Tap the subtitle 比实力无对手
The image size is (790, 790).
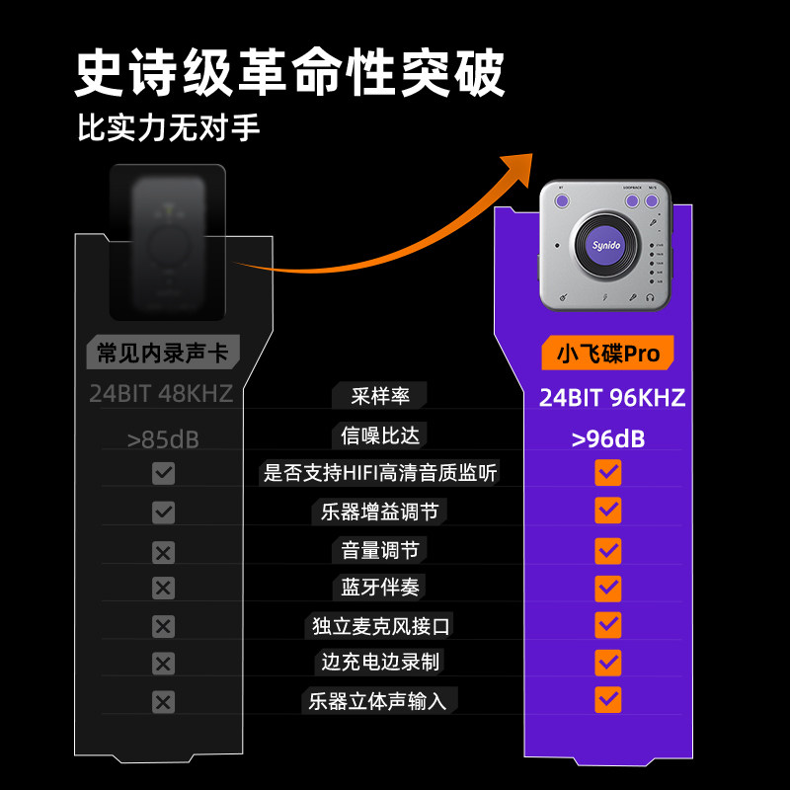(169, 128)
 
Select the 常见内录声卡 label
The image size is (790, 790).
(163, 353)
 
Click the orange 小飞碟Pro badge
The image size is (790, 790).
(607, 353)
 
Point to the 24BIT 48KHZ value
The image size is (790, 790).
(161, 393)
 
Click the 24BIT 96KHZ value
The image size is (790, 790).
(611, 398)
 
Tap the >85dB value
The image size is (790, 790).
(163, 439)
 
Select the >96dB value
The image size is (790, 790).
(607, 438)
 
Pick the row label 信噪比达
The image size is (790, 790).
(380, 435)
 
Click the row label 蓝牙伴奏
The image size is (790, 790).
(380, 588)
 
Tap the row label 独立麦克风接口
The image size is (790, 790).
(380, 626)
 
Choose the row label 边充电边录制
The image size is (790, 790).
(380, 663)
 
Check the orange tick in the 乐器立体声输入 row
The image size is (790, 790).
(608, 699)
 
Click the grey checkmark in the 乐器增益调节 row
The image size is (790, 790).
(163, 512)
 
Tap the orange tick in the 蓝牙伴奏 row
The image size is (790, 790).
(608, 588)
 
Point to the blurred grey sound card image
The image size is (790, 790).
(168, 242)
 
